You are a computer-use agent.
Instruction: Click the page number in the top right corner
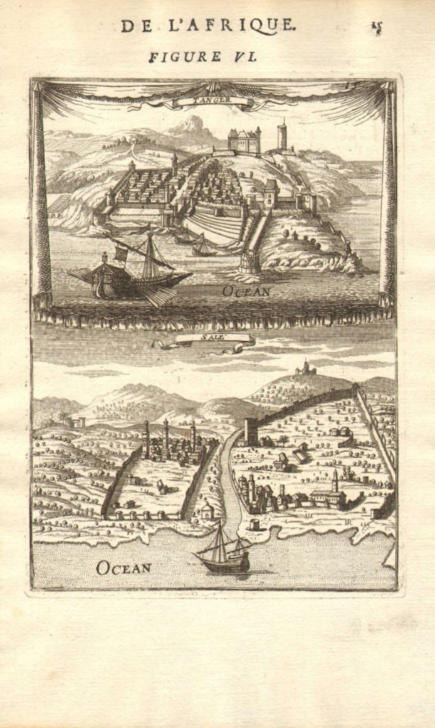pos(376,28)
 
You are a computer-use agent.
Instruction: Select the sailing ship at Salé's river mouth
pos(223,552)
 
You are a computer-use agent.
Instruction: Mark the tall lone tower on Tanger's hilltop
pos(282,135)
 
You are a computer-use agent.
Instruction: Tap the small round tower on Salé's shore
pos(253,525)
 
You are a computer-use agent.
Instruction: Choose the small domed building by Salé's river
pos(207,510)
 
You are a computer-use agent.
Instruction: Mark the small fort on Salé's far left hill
pos(76,422)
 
